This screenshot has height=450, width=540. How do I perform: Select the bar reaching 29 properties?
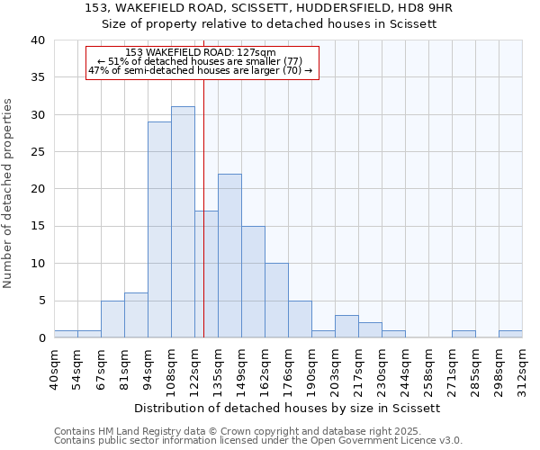click(x=159, y=229)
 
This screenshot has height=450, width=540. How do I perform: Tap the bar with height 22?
click(x=229, y=256)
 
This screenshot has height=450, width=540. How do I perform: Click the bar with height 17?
click(x=206, y=274)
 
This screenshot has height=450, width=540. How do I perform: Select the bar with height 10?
click(x=276, y=301)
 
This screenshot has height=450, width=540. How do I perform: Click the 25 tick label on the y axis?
click(x=37, y=152)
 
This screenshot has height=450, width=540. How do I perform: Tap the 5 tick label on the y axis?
click(x=40, y=301)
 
